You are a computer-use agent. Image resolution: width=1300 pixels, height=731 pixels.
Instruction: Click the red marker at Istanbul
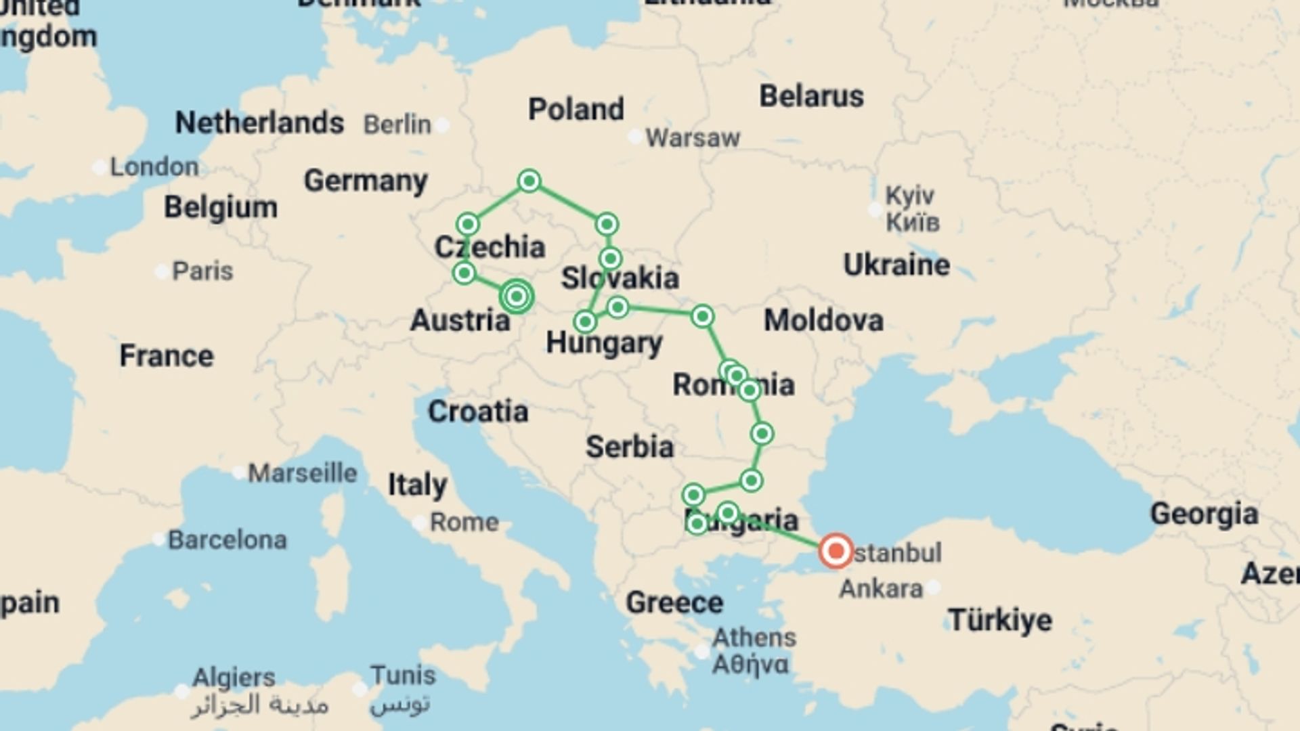click(x=836, y=551)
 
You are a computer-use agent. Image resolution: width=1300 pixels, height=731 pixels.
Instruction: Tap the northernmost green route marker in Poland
click(x=529, y=181)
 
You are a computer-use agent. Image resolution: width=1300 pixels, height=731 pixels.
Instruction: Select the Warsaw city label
click(x=692, y=138)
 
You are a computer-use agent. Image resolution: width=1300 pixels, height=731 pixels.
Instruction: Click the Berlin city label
click(x=397, y=125)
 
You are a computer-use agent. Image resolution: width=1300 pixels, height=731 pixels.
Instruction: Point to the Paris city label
click(x=202, y=271)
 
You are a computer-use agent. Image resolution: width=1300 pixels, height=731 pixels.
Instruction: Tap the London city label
click(x=154, y=167)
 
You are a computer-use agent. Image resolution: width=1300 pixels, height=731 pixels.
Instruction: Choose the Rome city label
click(x=464, y=523)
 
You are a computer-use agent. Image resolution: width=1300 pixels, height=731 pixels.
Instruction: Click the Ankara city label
click(x=880, y=589)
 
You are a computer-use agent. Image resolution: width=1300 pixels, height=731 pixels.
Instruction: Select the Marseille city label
click(x=302, y=473)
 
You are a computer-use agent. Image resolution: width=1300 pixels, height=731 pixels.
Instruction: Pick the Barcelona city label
click(x=227, y=540)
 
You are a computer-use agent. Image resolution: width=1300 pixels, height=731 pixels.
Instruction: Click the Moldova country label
click(x=823, y=320)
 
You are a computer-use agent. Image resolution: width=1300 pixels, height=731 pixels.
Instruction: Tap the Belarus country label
click(x=811, y=96)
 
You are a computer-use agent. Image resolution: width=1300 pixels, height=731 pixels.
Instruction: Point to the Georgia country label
click(x=1204, y=514)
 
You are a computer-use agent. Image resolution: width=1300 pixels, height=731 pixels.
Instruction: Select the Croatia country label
click(x=477, y=412)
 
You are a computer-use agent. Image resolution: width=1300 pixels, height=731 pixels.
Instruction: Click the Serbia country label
click(x=629, y=447)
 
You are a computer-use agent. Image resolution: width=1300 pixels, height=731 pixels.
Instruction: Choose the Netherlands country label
click(x=259, y=123)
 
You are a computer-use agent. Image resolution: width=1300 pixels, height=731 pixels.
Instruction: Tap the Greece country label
click(x=674, y=602)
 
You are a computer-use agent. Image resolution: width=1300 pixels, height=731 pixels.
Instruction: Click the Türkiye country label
click(x=999, y=620)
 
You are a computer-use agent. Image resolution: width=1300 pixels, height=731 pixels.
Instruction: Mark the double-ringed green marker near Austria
click(x=517, y=296)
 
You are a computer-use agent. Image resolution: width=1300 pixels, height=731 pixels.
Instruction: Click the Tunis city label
click(x=403, y=675)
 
